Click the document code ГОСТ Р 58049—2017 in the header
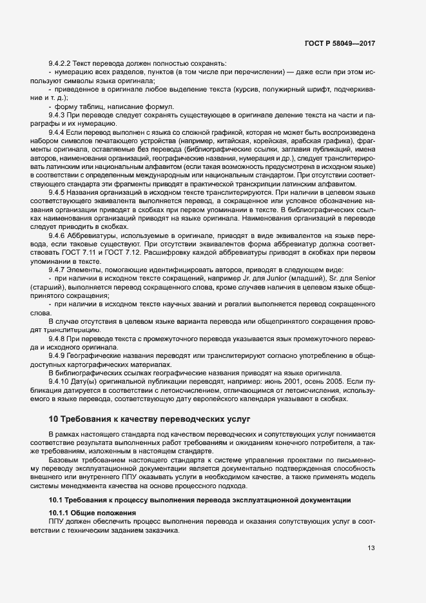pos(340,43)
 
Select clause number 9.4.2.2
pos(61,63)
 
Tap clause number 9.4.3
pos(57,114)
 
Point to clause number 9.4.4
pos(57,132)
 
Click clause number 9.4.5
pos(57,192)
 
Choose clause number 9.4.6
pos(57,235)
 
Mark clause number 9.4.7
pos(57,269)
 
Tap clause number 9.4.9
pos(57,355)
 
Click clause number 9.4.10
pos(59,381)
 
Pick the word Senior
pos(363,278)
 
